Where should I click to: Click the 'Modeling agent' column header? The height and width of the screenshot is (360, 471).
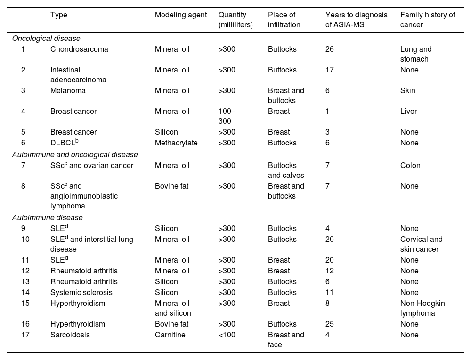[x=181, y=15]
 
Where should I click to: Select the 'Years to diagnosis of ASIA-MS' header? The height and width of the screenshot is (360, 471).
[x=356, y=20]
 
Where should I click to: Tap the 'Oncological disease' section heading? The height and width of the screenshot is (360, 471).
[x=46, y=39]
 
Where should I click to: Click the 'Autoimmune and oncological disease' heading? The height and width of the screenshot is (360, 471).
[x=75, y=154]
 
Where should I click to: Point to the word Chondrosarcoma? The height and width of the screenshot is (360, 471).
[x=79, y=49]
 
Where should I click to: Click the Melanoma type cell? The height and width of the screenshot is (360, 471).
[x=68, y=91]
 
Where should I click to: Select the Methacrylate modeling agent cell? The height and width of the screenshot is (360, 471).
[x=176, y=143]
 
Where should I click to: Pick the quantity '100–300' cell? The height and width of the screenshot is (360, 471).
[x=227, y=116]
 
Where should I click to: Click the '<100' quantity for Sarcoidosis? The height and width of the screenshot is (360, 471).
[x=227, y=335]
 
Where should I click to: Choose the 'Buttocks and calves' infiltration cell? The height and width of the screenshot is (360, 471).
[x=286, y=170]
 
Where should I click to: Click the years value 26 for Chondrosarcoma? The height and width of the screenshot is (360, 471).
[x=330, y=49]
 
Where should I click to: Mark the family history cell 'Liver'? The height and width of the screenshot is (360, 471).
[x=408, y=112]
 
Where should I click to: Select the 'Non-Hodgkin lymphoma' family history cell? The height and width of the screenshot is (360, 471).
[x=422, y=308]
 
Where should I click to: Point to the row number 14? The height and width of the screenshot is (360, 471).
[x=25, y=293]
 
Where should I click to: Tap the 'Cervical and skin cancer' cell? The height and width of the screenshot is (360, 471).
[x=422, y=244]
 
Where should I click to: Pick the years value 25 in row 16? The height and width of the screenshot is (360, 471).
[x=330, y=324]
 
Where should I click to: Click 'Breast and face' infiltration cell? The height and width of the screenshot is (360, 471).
[x=286, y=340]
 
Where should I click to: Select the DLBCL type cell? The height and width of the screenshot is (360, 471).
[x=65, y=142]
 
